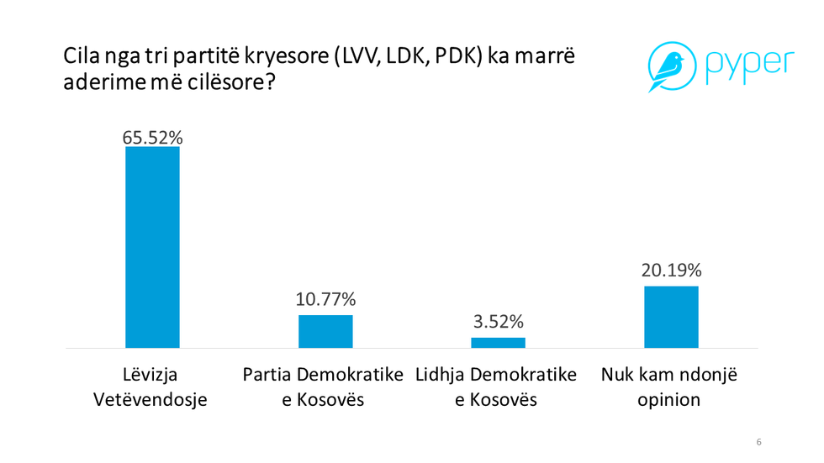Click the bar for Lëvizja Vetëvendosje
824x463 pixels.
pyautogui.click(x=152, y=247)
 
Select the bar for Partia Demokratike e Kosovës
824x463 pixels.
pyautogui.click(x=325, y=331)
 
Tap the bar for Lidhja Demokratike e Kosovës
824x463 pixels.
pyautogui.click(x=498, y=342)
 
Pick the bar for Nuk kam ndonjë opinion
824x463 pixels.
pyautogui.click(x=671, y=317)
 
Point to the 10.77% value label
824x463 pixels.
pyautogui.click(x=325, y=299)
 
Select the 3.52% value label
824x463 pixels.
pyautogui.click(x=498, y=322)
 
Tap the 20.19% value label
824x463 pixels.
pyautogui.click(x=671, y=271)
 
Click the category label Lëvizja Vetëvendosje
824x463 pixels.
pyautogui.click(x=152, y=387)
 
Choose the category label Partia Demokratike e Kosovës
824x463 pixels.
pyautogui.click(x=324, y=387)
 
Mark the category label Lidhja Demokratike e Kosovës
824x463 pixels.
pyautogui.click(x=496, y=387)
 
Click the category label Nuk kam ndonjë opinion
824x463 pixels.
pyautogui.click(x=669, y=387)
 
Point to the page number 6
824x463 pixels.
pyautogui.click(x=759, y=442)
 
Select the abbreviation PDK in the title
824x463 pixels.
pyautogui.click(x=451, y=59)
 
